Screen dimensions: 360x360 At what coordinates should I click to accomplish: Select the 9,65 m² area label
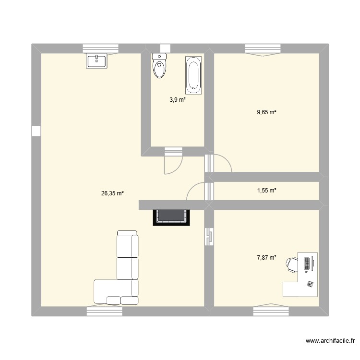[267, 112]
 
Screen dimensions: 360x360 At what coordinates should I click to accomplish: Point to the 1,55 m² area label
[267, 191]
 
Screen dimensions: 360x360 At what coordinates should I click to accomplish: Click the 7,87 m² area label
[267, 258]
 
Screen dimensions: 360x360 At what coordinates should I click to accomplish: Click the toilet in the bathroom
[159, 66]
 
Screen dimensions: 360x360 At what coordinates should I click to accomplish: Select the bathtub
[194, 74]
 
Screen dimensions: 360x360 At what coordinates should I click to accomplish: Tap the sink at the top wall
[97, 60]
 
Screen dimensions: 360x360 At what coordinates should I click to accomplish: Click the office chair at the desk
[291, 264]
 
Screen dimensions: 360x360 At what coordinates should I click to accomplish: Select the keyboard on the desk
[307, 264]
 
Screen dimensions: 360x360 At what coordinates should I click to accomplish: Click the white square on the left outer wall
[36, 131]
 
